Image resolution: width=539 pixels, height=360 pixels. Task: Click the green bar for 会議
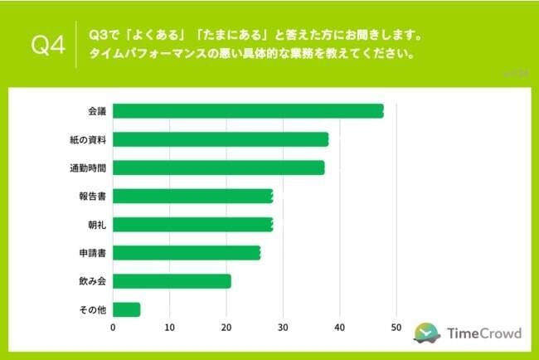click(x=248, y=111)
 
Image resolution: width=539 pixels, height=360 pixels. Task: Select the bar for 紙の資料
click(x=221, y=139)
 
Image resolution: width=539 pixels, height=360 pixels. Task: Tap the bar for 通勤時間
click(x=218, y=168)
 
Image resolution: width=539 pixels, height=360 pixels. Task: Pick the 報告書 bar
click(x=192, y=197)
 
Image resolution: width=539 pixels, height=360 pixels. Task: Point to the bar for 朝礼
click(x=192, y=225)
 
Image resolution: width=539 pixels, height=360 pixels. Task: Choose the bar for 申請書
click(x=187, y=253)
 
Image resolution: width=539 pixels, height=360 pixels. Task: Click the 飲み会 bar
click(x=172, y=281)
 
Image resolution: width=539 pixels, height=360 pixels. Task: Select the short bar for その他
click(x=126, y=309)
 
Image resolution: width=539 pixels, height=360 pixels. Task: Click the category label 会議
click(x=96, y=111)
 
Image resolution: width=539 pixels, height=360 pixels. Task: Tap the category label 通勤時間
click(x=88, y=168)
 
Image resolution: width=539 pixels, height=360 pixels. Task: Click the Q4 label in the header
click(x=48, y=45)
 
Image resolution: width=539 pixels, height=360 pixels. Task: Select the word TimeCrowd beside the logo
click(x=483, y=333)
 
